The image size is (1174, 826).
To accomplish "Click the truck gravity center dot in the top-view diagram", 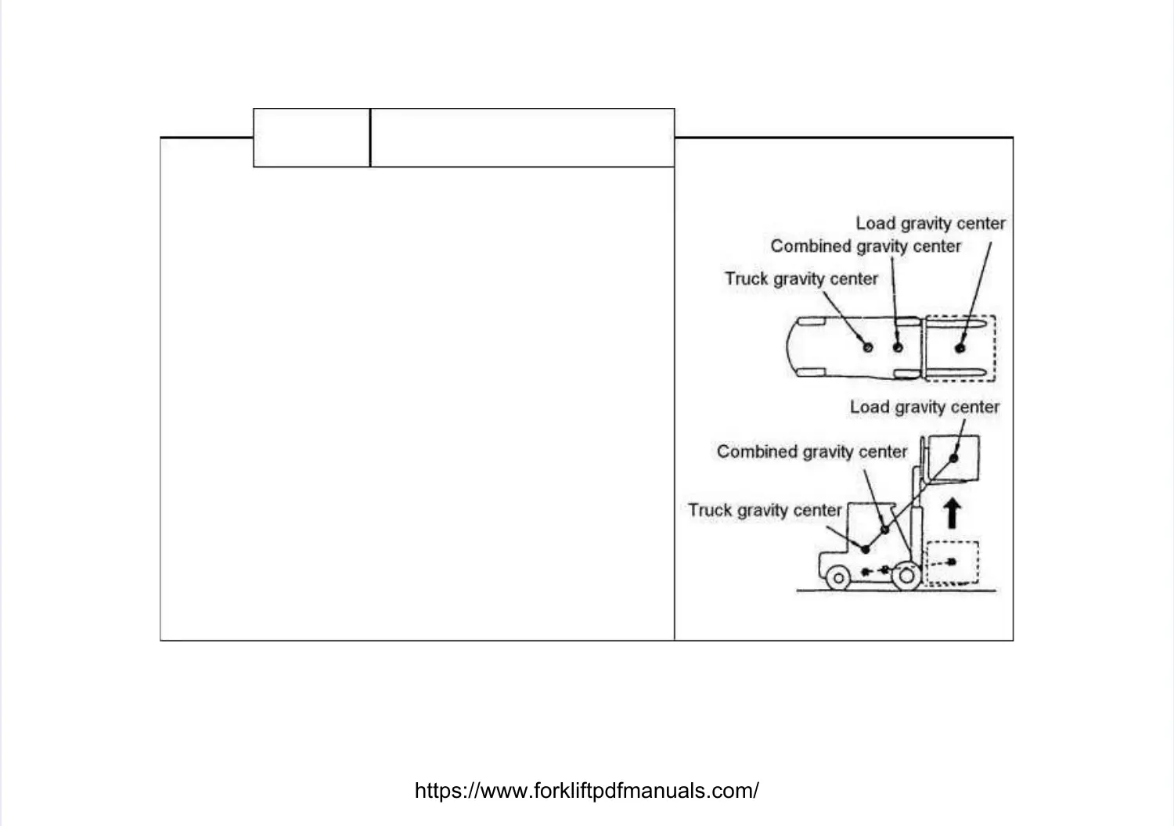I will [867, 347].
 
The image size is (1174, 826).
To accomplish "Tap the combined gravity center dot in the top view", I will [898, 347].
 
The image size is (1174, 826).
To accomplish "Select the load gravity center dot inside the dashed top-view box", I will [960, 347].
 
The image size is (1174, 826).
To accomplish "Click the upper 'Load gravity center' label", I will [930, 224].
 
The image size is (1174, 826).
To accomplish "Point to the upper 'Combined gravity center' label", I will [866, 246].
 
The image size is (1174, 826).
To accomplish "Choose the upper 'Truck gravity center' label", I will [801, 279].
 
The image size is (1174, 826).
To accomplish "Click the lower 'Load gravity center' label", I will [924, 408].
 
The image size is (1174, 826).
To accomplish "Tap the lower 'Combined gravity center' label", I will [812, 452].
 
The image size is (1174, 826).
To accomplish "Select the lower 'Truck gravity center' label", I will [765, 511].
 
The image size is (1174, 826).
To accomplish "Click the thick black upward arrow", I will [952, 514].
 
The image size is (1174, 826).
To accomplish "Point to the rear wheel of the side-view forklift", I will [837, 578].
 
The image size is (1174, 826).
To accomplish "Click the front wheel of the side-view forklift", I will [906, 577].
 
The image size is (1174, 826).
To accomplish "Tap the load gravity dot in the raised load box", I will [953, 458].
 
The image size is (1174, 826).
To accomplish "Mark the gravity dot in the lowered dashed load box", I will [952, 562].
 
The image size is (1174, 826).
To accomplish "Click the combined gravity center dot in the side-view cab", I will [885, 530].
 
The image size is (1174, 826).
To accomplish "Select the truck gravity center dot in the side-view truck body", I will [865, 547].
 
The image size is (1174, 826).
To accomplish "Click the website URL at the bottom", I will [586, 791].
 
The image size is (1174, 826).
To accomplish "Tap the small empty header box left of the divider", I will [312, 138].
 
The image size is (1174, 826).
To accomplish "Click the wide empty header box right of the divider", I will [522, 138].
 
